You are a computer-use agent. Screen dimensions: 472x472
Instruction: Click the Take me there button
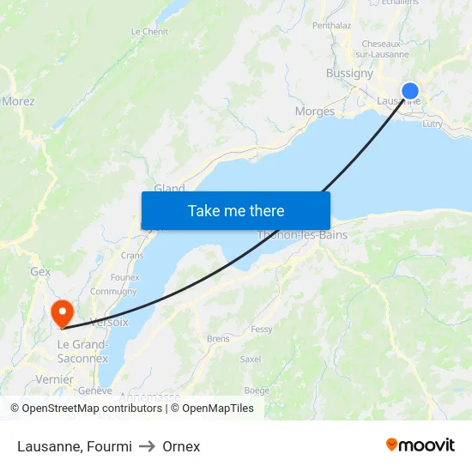(x=236, y=210)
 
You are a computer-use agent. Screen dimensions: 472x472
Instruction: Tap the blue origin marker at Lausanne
(x=410, y=91)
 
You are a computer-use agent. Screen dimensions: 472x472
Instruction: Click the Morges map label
(x=314, y=112)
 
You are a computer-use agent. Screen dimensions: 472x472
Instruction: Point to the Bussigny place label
(x=349, y=74)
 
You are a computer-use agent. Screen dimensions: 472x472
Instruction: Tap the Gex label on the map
(x=40, y=272)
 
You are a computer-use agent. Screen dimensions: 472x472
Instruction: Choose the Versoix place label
(x=109, y=323)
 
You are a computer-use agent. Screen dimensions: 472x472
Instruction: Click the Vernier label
(x=54, y=379)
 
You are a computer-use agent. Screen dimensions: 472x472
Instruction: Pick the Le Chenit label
(x=149, y=32)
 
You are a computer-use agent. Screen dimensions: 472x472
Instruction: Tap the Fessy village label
(x=262, y=330)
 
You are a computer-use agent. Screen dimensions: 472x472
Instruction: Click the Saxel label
(x=251, y=360)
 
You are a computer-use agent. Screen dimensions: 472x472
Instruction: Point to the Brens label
(x=218, y=339)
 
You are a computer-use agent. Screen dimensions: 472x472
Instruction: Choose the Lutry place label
(x=433, y=124)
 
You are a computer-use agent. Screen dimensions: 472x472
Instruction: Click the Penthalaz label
(x=332, y=26)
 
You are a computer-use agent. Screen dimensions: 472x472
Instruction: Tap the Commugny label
(x=113, y=292)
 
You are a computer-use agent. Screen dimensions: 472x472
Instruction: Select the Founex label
(x=125, y=278)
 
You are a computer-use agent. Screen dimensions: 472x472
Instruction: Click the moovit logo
(x=421, y=445)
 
